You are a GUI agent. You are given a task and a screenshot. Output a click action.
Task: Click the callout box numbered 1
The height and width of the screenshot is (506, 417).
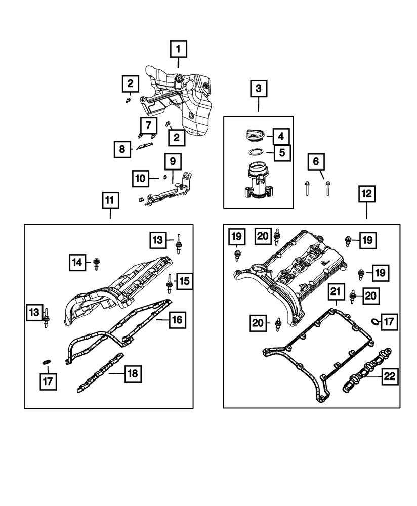point(178,50)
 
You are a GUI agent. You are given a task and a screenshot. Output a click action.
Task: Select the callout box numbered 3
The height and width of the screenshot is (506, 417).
point(259,89)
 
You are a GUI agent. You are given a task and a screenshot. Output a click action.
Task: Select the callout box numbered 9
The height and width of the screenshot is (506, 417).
point(173,162)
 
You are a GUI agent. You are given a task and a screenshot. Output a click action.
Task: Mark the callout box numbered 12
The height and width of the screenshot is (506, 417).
point(367,193)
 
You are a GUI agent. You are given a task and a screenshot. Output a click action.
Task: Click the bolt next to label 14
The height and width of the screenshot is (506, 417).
point(97,263)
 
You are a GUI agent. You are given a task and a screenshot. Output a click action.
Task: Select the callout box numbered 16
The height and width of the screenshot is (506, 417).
point(177,320)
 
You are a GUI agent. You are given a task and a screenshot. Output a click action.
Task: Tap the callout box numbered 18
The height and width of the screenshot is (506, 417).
point(133,374)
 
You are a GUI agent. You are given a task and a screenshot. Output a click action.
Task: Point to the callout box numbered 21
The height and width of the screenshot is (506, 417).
point(336,292)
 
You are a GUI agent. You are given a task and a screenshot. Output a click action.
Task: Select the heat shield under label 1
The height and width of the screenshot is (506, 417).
point(187,101)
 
